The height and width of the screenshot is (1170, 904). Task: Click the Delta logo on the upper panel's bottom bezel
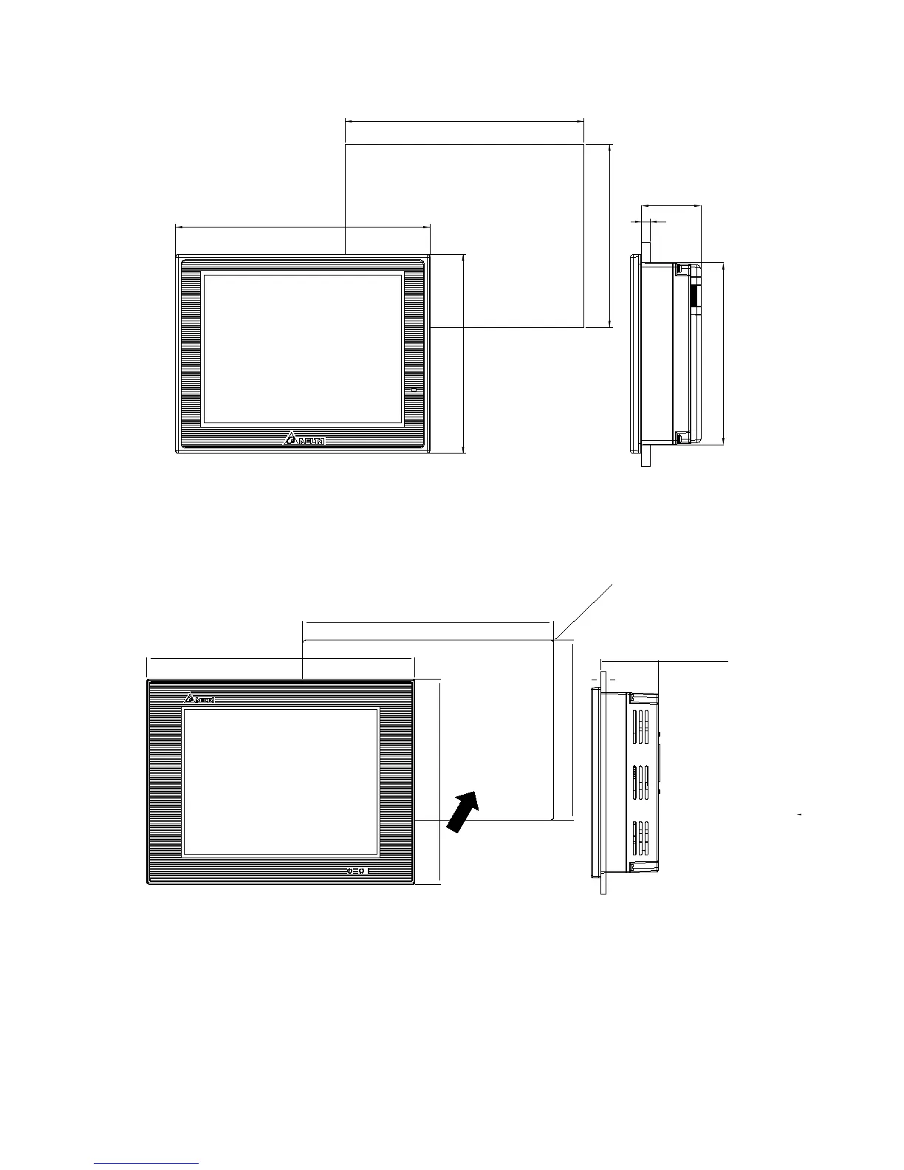(304, 440)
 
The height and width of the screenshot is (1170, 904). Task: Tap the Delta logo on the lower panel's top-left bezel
(198, 698)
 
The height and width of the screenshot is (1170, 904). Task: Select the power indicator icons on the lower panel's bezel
(357, 872)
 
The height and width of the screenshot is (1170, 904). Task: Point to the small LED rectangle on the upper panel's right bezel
(414, 389)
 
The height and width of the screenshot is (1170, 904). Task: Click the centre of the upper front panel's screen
(303, 349)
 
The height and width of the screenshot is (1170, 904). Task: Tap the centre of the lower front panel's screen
(281, 781)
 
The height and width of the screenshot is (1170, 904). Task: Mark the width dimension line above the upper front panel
(303, 227)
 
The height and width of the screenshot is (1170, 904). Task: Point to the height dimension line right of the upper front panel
(464, 353)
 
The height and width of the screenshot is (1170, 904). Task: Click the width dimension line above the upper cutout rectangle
(465, 121)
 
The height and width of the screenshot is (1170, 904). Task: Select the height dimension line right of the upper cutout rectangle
(610, 235)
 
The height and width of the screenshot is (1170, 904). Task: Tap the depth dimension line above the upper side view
(671, 205)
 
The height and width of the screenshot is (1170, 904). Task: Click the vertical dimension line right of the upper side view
(723, 353)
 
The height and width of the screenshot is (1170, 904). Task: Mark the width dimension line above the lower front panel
(281, 657)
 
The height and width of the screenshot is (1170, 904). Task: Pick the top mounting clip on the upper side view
(682, 271)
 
